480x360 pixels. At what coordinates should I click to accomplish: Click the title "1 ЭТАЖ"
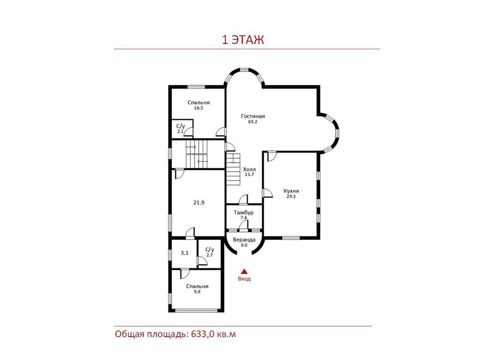coord(243,40)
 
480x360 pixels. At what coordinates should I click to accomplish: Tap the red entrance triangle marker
coord(244,271)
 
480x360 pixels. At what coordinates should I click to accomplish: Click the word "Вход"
coord(244,279)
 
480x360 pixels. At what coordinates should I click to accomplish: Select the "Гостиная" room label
coord(253,116)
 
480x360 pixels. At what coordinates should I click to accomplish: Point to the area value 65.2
coord(253,122)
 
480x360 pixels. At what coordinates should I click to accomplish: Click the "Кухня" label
coord(291,191)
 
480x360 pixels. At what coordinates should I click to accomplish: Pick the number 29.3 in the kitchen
coord(291,196)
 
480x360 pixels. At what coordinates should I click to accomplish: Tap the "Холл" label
coord(249,169)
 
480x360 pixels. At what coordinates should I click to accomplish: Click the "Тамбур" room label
coord(244,212)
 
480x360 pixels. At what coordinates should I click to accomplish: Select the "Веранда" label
coord(244,240)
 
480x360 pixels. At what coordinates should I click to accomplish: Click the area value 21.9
coord(199,202)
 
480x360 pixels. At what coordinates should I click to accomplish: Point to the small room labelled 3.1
coord(184,253)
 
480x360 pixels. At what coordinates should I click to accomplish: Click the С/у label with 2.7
coord(210,250)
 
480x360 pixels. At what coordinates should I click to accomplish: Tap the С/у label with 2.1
coord(180,127)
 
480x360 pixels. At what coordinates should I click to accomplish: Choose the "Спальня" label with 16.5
coord(199,103)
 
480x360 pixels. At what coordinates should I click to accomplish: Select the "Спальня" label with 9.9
coord(197,286)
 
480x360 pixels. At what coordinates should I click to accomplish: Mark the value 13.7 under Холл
coord(249,175)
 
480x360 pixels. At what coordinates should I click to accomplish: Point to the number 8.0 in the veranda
coord(244,245)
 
